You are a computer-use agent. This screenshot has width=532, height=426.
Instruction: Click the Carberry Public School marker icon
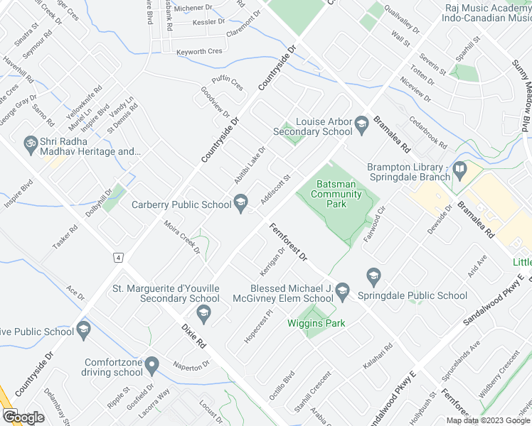[x=240, y=204]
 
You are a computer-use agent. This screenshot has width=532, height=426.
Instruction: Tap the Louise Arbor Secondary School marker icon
[x=361, y=126]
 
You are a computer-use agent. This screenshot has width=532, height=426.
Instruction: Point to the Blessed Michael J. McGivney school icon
[x=343, y=289]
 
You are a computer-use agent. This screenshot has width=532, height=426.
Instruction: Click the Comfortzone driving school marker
[x=151, y=366]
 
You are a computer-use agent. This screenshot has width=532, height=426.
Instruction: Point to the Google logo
[x=23, y=417]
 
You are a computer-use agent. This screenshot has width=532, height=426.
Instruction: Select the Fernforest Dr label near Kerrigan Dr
[x=288, y=241]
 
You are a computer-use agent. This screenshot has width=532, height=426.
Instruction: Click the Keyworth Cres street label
[x=200, y=52]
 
